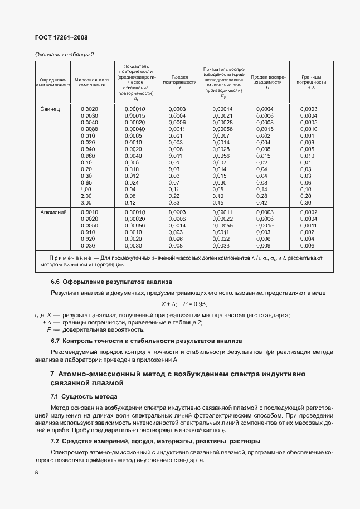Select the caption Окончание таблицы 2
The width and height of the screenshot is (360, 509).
(64, 54)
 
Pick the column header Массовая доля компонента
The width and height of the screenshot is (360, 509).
(92, 83)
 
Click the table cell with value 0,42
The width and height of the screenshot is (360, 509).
(262, 202)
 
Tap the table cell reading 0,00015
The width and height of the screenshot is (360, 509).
(134, 115)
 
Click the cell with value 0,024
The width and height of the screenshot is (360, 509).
(132, 182)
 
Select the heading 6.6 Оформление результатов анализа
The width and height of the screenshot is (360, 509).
(111, 282)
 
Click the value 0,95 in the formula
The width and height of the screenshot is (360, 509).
(199, 304)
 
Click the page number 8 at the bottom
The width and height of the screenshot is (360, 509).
(36, 472)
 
